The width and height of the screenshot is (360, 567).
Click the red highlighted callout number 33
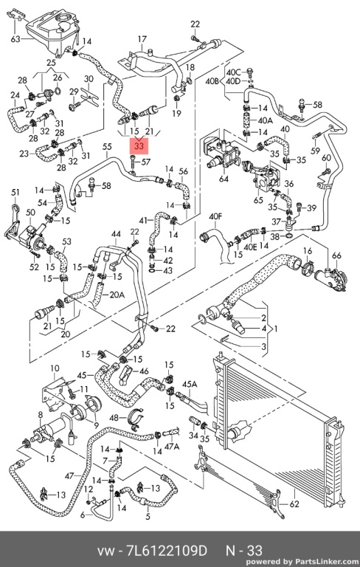tap(139, 146)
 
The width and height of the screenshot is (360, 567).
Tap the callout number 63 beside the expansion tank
tap(15, 38)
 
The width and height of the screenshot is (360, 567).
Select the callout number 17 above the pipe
tap(142, 39)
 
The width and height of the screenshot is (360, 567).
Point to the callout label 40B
tap(212, 81)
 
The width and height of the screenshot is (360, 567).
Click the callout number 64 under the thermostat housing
tap(224, 179)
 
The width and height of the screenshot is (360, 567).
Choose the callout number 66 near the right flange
tap(336, 255)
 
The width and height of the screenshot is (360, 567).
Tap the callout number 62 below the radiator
tap(294, 504)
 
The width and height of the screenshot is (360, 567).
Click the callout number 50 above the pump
tap(30, 213)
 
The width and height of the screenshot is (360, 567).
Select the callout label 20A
tap(117, 295)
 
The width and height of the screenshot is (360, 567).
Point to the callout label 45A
tap(190, 384)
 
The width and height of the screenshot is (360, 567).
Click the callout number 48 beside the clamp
tap(114, 418)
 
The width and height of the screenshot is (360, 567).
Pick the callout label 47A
tap(172, 447)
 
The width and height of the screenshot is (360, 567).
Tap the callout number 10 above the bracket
tap(55, 368)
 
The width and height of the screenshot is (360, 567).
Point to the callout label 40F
tap(215, 216)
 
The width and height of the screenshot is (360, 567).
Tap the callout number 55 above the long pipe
tap(107, 147)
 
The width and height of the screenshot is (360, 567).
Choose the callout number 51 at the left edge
tap(15, 192)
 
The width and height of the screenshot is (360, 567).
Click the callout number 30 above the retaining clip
tap(89, 79)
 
